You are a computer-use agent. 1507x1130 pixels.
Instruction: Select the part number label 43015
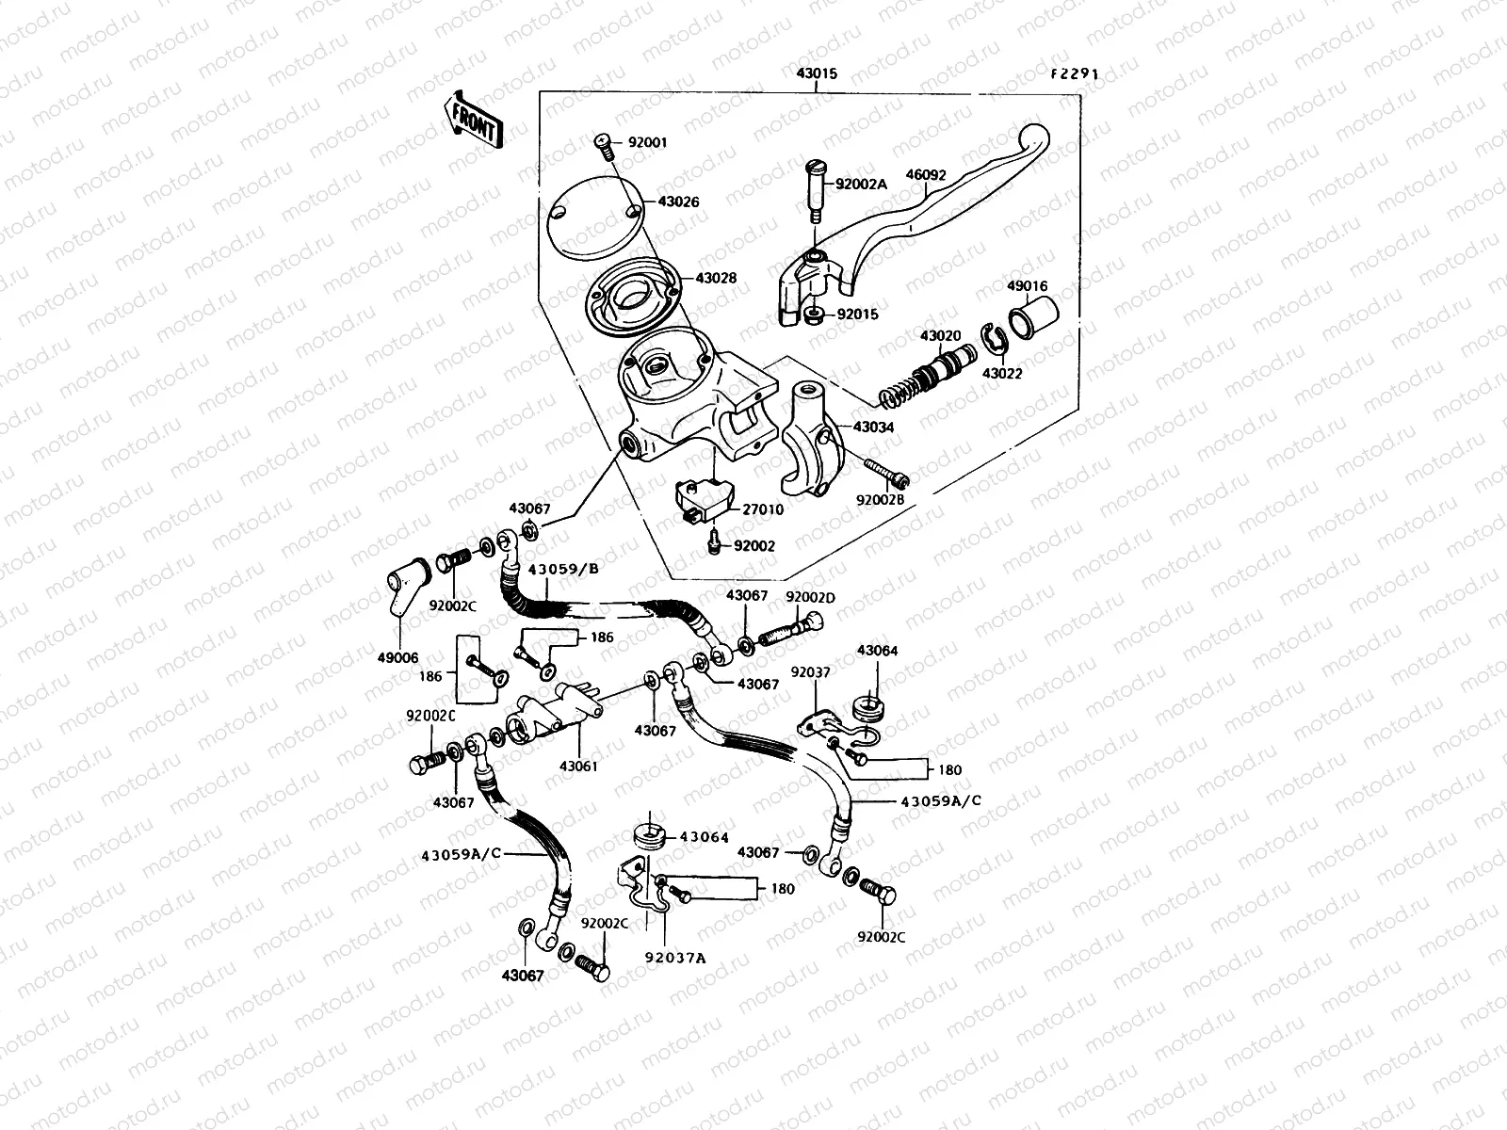816,73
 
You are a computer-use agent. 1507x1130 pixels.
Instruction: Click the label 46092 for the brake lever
926,175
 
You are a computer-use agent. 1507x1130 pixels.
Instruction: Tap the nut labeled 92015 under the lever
816,315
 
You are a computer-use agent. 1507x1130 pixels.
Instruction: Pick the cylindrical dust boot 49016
1033,319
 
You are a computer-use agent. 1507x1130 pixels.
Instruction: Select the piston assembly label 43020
940,335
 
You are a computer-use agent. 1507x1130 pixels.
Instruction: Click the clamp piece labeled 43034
873,427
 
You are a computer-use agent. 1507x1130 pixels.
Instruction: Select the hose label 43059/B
563,570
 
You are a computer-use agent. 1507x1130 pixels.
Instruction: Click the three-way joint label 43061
578,767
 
